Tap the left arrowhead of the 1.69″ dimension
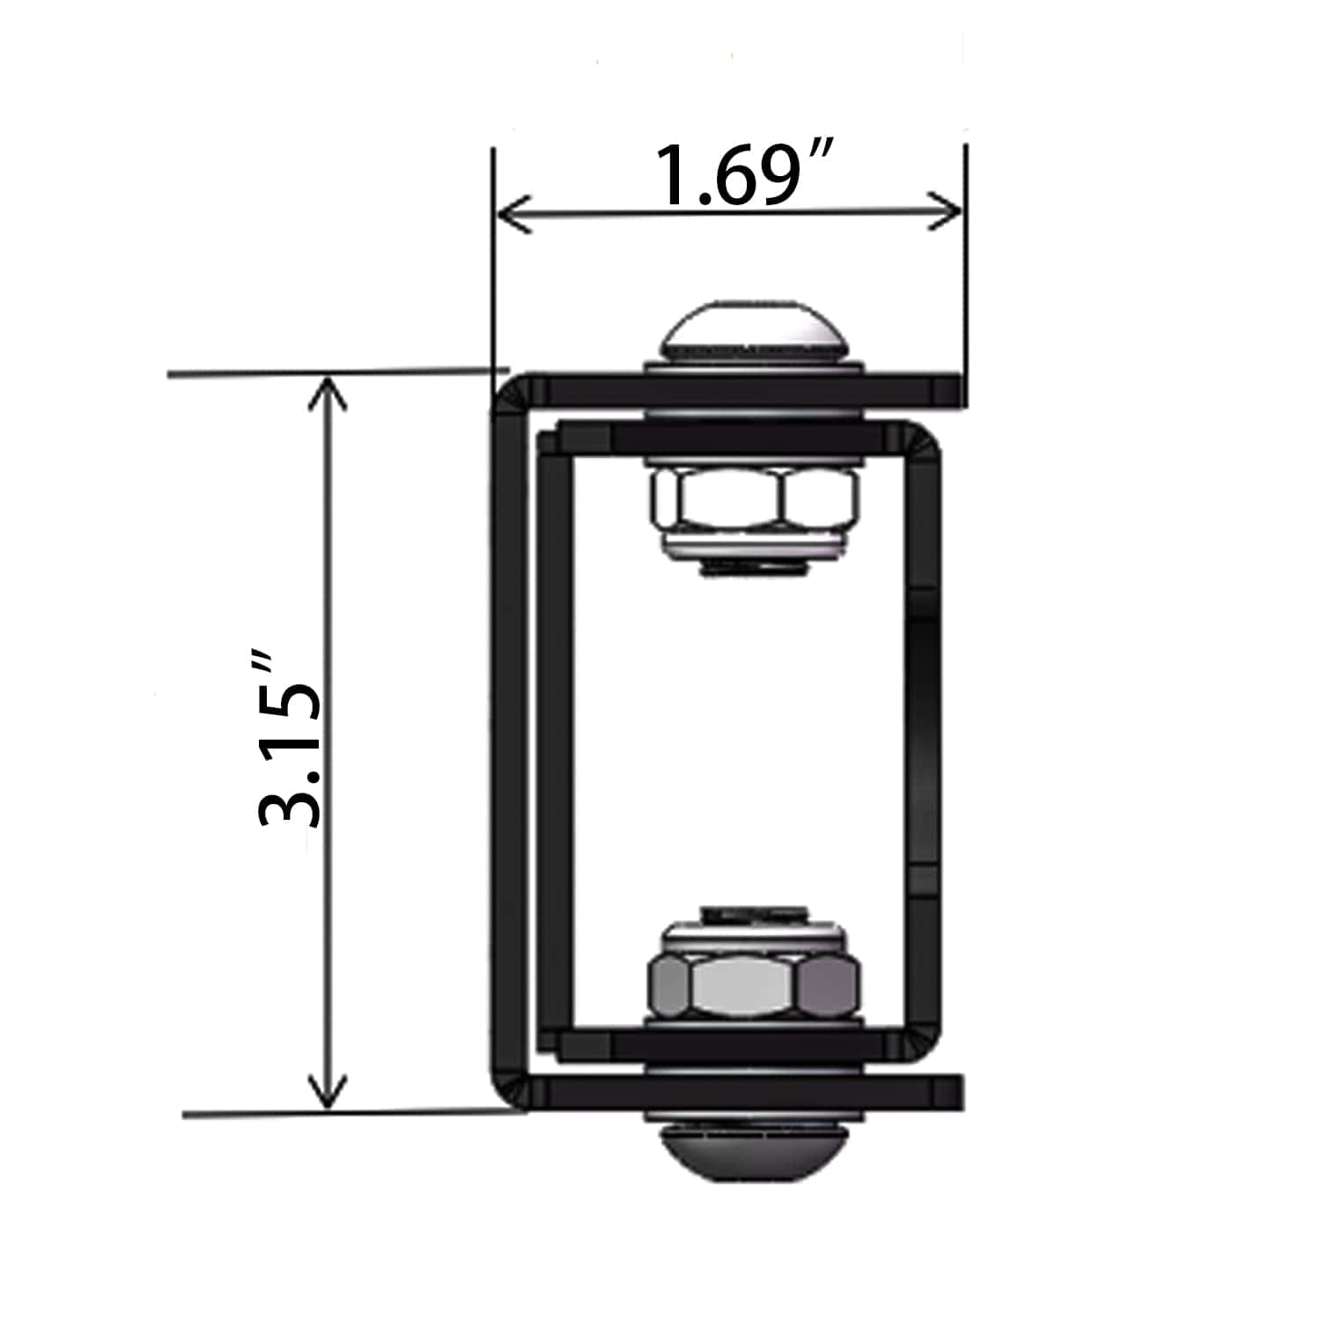515,212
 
